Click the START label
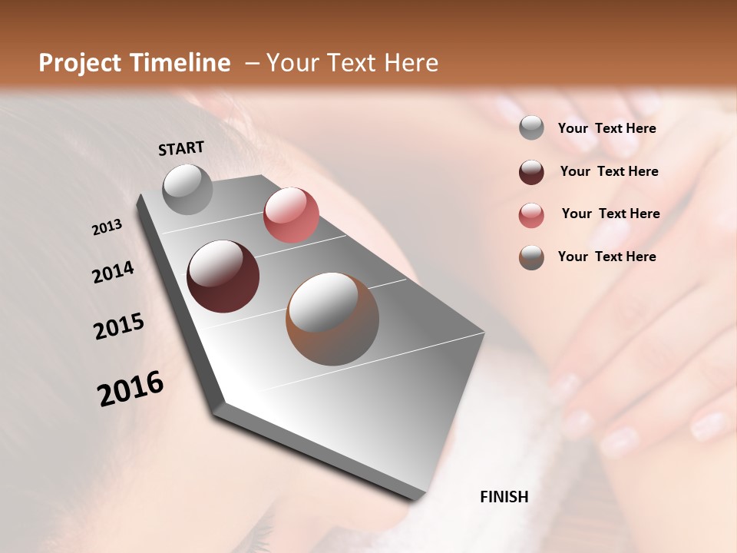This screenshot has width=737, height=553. coord(181,148)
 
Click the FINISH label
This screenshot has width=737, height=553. coord(504,497)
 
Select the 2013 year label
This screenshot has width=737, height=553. coord(107,227)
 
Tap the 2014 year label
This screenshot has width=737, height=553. coord(114,273)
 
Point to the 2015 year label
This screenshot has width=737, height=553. coord(119,326)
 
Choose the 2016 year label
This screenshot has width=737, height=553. coord(131,389)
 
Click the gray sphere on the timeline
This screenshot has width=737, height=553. coord(188,190)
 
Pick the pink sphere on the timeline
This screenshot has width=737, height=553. coord(291,215)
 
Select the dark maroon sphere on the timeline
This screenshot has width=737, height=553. coord(223,276)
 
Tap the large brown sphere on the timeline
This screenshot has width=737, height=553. coord(332,319)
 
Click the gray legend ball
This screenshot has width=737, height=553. coord(531,128)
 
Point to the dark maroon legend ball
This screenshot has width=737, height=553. coord(531,172)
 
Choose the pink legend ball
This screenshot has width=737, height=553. coord(531,215)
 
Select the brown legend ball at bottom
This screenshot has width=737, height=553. coord(531,257)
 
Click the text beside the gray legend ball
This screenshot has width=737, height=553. coord(606,128)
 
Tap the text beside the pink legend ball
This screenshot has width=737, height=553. coord(610,214)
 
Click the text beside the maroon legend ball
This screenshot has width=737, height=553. coord(609,171)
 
